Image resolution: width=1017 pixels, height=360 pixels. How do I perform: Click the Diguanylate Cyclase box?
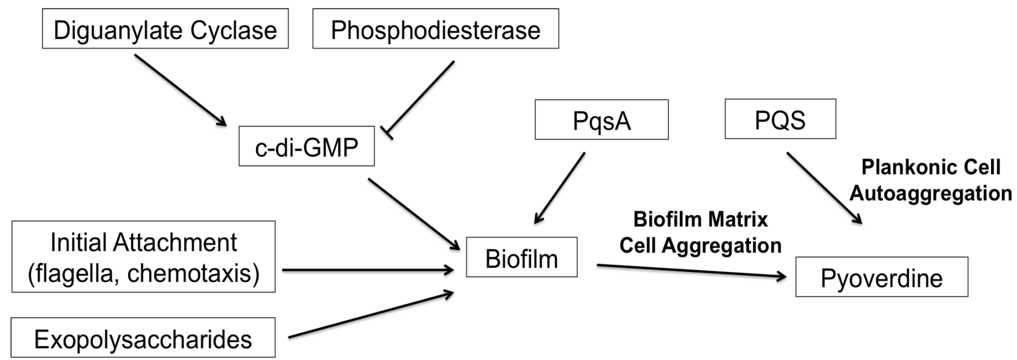click(x=165, y=29)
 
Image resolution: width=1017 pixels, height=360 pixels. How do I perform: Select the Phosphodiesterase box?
click(x=435, y=29)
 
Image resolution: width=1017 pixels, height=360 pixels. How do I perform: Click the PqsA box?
click(x=601, y=120)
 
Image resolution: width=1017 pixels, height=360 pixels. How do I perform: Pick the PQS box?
click(x=780, y=119)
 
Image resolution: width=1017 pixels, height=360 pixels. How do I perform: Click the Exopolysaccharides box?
click(x=143, y=338)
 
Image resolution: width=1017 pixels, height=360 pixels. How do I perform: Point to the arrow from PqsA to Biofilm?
click(x=560, y=187)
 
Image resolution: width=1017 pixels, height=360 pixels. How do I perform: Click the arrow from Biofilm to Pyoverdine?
click(x=691, y=271)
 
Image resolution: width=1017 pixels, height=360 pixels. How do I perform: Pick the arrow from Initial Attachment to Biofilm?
click(x=367, y=270)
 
